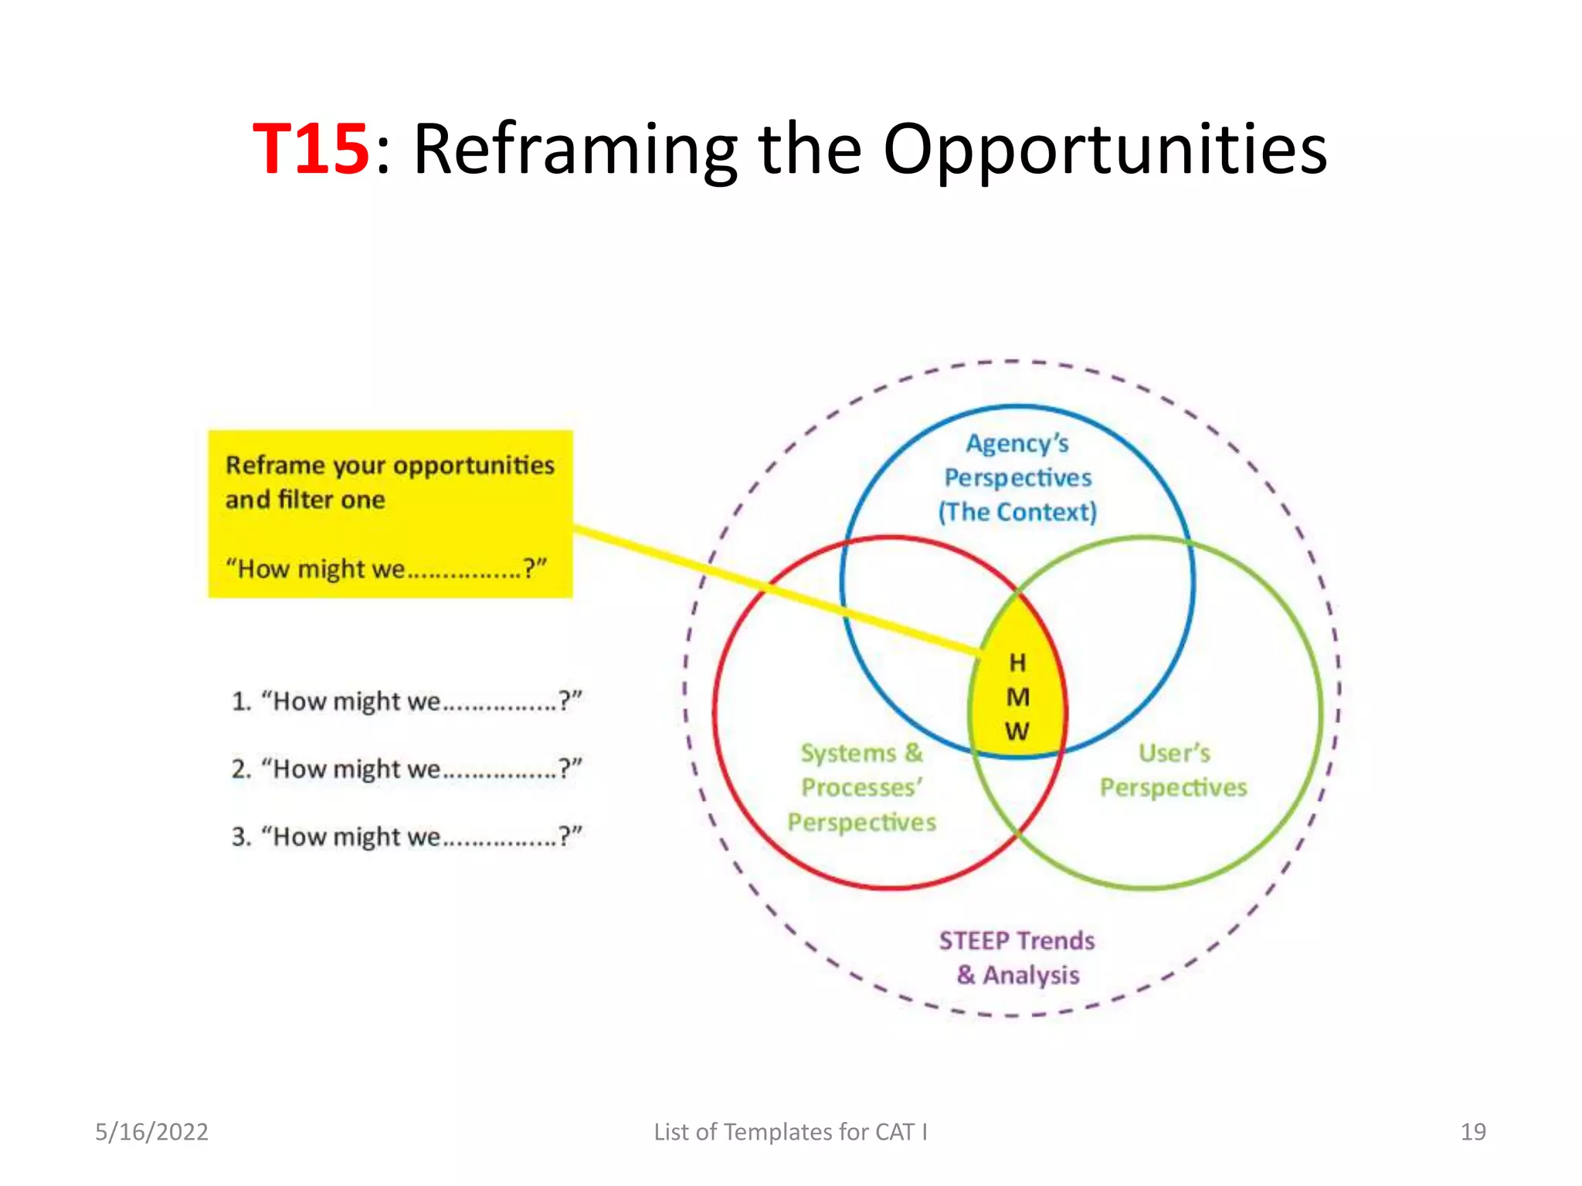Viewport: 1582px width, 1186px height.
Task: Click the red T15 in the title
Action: (311, 148)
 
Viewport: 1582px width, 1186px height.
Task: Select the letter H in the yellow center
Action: (1017, 662)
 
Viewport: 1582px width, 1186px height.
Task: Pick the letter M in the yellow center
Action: (1017, 697)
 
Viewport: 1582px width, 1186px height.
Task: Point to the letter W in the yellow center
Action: (1017, 730)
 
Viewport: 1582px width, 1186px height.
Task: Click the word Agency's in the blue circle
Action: (1017, 444)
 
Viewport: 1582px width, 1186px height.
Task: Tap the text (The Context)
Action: (1017, 512)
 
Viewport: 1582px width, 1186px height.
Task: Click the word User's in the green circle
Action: (1174, 753)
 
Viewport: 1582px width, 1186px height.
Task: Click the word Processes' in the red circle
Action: (861, 788)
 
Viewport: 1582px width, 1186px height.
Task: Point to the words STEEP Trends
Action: (1017, 940)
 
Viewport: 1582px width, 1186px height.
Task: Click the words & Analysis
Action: (1017, 975)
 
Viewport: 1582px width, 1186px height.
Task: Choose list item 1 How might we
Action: (406, 701)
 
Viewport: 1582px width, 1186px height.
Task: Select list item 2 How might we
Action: (406, 769)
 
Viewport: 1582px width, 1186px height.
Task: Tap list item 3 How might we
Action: (406, 836)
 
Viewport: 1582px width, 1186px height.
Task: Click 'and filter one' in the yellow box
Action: (305, 500)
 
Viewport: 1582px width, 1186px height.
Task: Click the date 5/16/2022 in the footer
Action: (151, 1132)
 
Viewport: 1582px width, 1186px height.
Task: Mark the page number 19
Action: (1472, 1132)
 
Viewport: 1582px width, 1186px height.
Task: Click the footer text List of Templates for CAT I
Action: (790, 1132)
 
